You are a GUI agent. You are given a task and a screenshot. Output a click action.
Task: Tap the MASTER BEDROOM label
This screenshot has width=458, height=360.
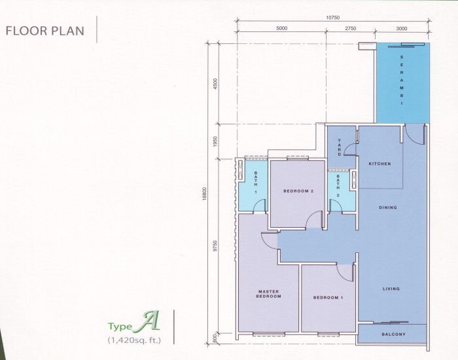[268, 295]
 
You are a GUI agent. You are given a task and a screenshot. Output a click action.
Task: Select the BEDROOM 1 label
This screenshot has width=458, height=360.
[327, 298]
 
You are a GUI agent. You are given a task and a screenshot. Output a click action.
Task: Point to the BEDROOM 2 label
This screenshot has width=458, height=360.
[299, 191]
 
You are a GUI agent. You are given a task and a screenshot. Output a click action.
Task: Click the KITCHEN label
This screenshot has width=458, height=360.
[380, 164]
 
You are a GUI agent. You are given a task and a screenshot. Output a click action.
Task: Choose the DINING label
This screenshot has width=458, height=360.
[388, 208]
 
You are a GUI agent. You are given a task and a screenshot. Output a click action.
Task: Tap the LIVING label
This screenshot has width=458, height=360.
[391, 289]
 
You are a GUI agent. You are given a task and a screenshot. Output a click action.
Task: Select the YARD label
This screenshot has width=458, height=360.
[340, 147]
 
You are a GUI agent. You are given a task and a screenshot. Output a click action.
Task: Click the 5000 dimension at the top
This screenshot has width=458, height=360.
[282, 29]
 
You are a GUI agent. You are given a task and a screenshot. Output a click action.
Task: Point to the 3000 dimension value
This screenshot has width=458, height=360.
[402, 29]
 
